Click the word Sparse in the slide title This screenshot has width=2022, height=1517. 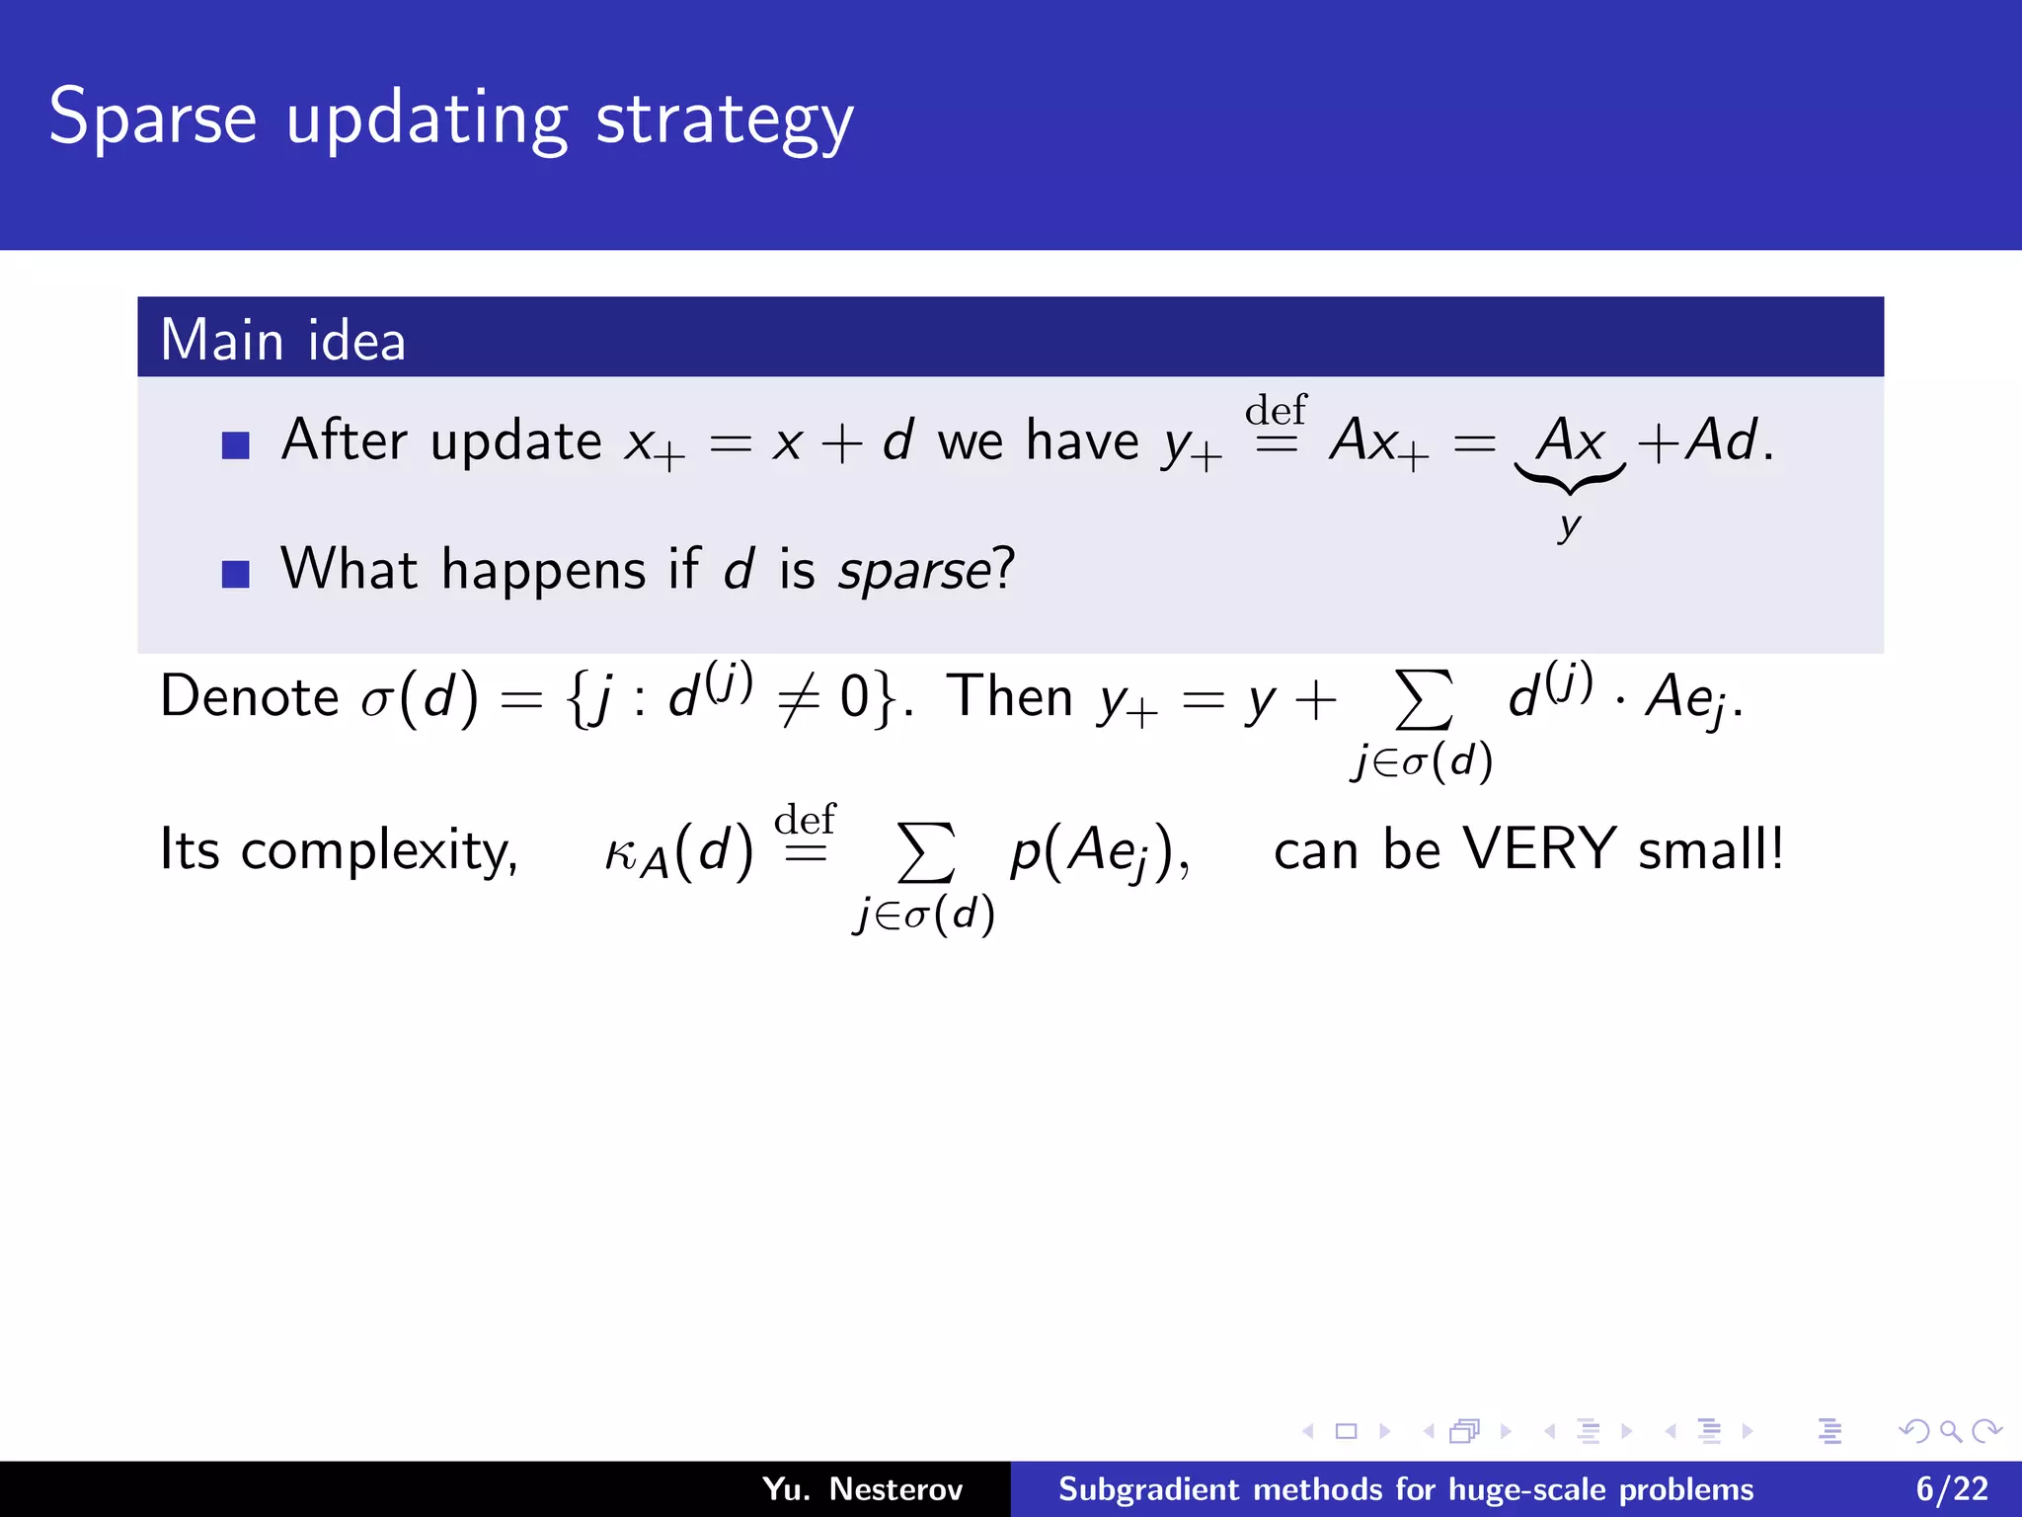point(153,119)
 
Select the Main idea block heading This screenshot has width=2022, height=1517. point(283,340)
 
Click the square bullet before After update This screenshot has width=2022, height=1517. point(236,445)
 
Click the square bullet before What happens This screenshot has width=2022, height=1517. point(236,574)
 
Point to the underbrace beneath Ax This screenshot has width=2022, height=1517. point(1569,479)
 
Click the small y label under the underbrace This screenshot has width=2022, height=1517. point(1569,525)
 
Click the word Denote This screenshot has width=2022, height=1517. point(249,697)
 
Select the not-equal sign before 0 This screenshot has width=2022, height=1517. point(799,700)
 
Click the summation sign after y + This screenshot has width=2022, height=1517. point(1423,700)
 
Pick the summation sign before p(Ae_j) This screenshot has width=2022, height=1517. point(925,852)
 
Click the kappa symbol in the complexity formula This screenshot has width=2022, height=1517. point(622,852)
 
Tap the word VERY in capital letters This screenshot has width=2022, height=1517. point(1538,848)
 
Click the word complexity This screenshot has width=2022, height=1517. point(379,851)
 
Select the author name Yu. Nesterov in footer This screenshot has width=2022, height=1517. point(862,1489)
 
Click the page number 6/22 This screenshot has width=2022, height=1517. point(1952,1489)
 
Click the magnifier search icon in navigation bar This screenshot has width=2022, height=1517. point(1950,1431)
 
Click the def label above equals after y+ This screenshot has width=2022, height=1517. point(1276,410)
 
